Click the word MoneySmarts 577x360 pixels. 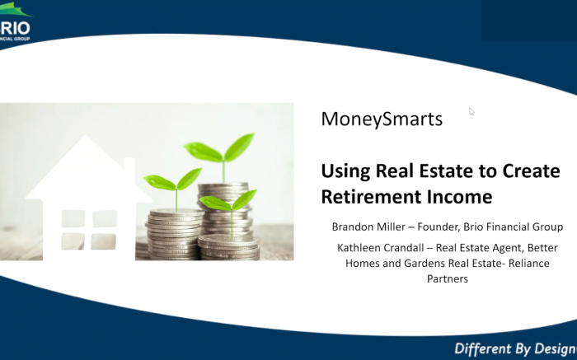pyautogui.click(x=382, y=119)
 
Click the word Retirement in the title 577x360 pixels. pyautogui.click(x=371, y=197)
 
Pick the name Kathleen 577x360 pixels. pyautogui.click(x=357, y=248)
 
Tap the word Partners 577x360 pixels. pyautogui.click(x=448, y=278)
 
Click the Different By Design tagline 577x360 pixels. pyautogui.click(x=515, y=348)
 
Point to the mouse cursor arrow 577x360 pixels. pyautogui.click(x=471, y=111)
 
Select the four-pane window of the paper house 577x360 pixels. pyautogui.click(x=89, y=230)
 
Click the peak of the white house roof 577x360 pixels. pyautogui.click(x=86, y=135)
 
